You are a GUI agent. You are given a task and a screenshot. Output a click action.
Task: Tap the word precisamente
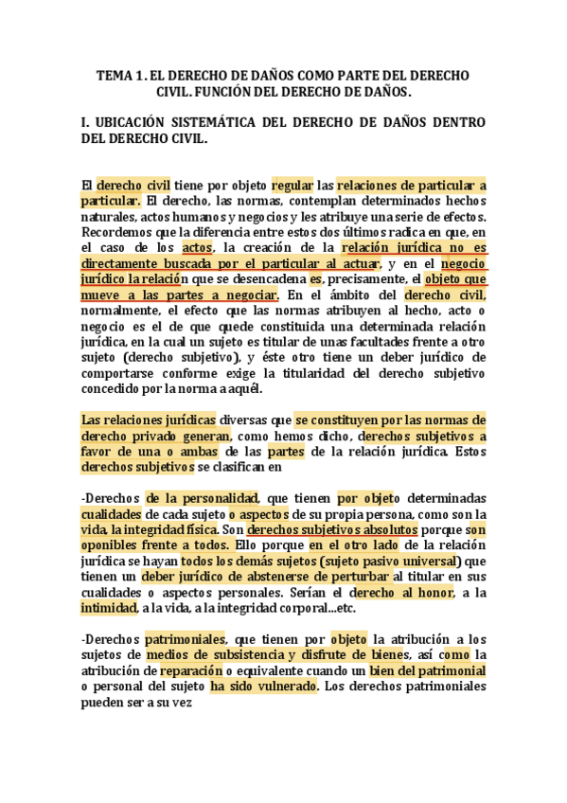364,279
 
